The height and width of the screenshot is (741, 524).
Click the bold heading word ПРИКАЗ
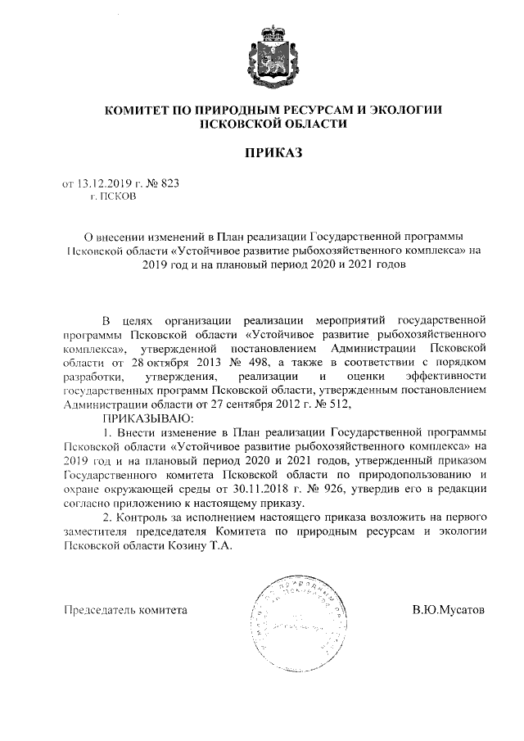click(x=262, y=151)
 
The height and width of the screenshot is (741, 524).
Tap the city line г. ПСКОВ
click(x=114, y=197)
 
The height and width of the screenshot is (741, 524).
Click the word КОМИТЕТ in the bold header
click(x=136, y=110)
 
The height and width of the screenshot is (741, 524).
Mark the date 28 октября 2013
click(x=183, y=362)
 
